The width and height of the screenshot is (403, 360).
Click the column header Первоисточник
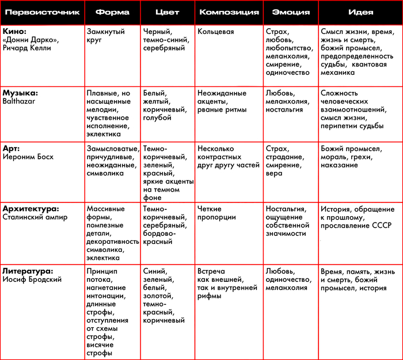(x=41, y=12)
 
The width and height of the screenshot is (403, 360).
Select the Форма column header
(x=112, y=12)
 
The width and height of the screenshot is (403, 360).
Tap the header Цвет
(x=168, y=12)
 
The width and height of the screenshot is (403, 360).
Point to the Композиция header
(x=228, y=12)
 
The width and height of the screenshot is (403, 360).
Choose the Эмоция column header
(x=290, y=12)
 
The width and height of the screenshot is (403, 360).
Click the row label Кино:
(x=14, y=32)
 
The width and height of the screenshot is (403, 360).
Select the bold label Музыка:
(x=21, y=93)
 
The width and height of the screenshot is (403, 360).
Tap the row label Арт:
(x=13, y=148)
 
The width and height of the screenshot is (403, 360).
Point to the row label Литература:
(x=28, y=270)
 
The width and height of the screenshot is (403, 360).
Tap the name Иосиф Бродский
(x=32, y=279)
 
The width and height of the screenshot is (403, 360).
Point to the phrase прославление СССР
(x=357, y=226)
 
